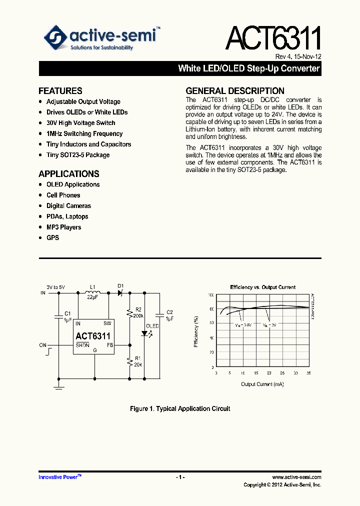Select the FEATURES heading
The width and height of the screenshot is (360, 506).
[60, 91]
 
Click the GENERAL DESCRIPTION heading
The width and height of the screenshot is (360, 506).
[235, 91]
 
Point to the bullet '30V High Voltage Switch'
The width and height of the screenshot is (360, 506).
[80, 123]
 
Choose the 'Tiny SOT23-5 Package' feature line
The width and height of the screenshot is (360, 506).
[78, 155]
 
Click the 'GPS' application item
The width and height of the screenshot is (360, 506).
[52, 238]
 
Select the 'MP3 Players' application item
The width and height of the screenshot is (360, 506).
[63, 227]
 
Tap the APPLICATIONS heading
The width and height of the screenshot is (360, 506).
[69, 174]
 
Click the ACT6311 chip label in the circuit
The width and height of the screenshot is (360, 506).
[93, 336]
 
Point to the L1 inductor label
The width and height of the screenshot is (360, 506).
[92, 287]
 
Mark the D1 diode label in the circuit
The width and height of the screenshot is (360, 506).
[120, 285]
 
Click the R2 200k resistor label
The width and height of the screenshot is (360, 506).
[138, 313]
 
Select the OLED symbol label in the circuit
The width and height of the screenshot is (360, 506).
[152, 326]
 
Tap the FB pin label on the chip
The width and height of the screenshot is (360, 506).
[109, 345]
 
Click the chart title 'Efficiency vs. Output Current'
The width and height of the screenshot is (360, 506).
[262, 287]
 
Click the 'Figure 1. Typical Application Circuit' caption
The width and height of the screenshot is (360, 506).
[180, 409]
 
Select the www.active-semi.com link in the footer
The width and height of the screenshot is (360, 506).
[297, 477]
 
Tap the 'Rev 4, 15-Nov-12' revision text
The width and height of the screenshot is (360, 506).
[298, 56]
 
